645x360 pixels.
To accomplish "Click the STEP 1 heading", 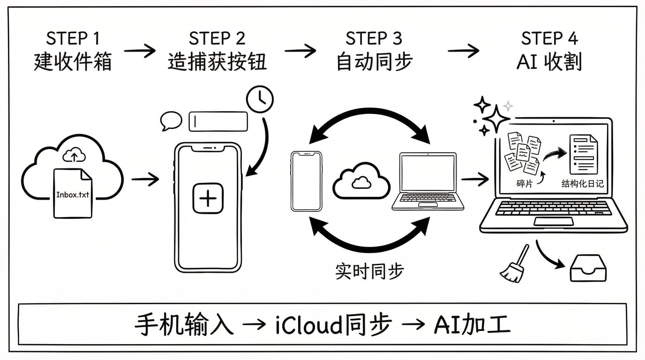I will pos(73,38).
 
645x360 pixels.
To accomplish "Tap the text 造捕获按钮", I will pos(217,61).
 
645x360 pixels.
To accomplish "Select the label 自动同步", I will pos(374,61).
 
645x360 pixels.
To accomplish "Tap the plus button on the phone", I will pos(208,198).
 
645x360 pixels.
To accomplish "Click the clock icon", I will pos(260,99).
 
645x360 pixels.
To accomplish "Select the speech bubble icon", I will pos(171,120).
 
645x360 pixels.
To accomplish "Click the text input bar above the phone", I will pos(218,121).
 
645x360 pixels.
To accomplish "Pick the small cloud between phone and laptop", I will pos(361,181).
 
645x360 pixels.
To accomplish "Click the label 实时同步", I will pos(369,271).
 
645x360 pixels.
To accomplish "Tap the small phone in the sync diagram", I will pos(306,181).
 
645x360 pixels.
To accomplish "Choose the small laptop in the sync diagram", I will pos(427,182).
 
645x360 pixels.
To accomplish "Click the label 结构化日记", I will pos(582,184).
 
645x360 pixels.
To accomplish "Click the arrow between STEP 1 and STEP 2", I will pos(140,50).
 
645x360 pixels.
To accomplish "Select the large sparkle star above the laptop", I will pos(495,118).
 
